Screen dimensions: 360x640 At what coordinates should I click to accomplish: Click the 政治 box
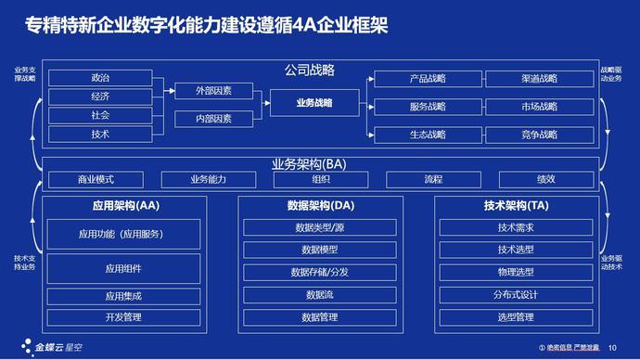[100, 77]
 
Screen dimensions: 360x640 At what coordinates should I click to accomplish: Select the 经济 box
[100, 96]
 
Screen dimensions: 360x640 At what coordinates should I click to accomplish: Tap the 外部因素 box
[214, 91]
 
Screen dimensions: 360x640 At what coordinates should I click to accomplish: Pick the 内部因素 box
[214, 119]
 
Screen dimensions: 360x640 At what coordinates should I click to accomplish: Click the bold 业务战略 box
[314, 102]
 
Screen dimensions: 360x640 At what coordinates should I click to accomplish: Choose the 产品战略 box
[428, 79]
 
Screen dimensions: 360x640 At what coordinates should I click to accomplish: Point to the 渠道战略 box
[539, 79]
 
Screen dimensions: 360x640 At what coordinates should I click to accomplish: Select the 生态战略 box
[428, 135]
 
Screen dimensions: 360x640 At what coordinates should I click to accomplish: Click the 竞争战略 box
[539, 135]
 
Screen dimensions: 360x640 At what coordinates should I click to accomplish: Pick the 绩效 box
[546, 179]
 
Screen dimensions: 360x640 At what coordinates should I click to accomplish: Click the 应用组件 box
[123, 269]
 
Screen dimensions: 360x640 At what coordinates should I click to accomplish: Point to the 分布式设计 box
[516, 295]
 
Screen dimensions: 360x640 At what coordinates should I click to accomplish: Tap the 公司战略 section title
[309, 70]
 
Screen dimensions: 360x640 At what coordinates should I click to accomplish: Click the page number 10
[611, 348]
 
